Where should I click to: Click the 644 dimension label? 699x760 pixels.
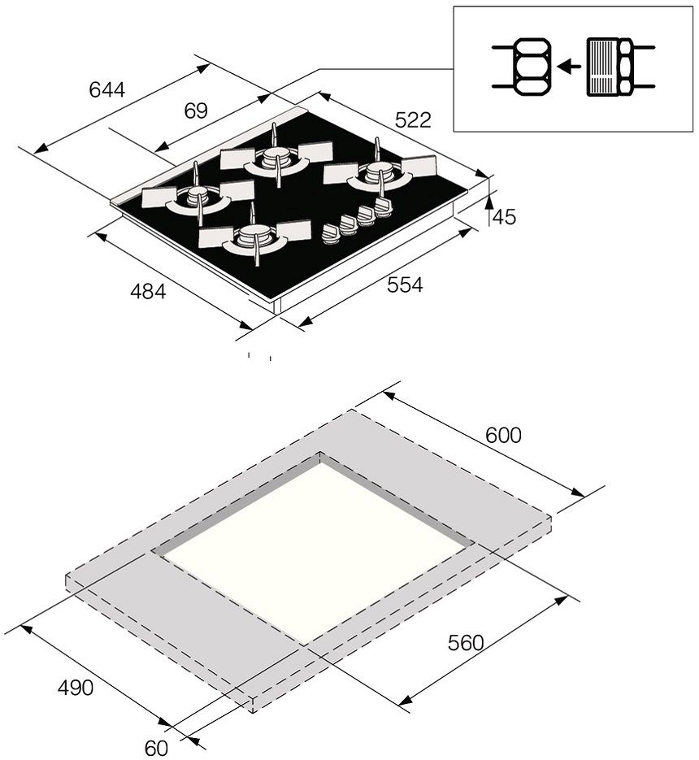107,89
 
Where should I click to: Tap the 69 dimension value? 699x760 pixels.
196,111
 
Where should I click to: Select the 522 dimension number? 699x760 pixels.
413,120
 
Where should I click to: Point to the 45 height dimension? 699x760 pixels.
504,217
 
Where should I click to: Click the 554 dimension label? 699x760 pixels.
405,285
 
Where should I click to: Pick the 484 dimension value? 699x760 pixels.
148,291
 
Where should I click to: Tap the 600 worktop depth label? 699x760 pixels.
503,435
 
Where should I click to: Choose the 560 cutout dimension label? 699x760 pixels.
466,643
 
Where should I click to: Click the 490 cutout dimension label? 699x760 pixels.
75,688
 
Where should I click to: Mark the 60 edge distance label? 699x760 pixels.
156,748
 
